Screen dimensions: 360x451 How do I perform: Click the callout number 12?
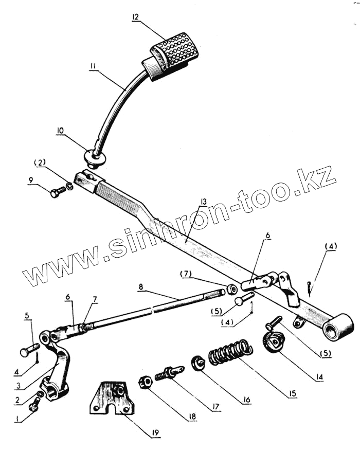[x=135, y=16]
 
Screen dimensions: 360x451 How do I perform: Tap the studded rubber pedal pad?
[x=175, y=51]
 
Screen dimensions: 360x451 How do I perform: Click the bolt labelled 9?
[x=57, y=192]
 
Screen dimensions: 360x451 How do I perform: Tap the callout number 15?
[x=292, y=394]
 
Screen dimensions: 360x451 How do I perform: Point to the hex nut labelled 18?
[x=145, y=382]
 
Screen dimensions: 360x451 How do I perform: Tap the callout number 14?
[x=319, y=377]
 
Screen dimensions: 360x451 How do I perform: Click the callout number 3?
[x=19, y=386]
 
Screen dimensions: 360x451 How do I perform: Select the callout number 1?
[x=19, y=420]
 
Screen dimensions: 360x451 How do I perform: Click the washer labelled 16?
[x=198, y=363]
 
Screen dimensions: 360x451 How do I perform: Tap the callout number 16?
[x=246, y=399]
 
